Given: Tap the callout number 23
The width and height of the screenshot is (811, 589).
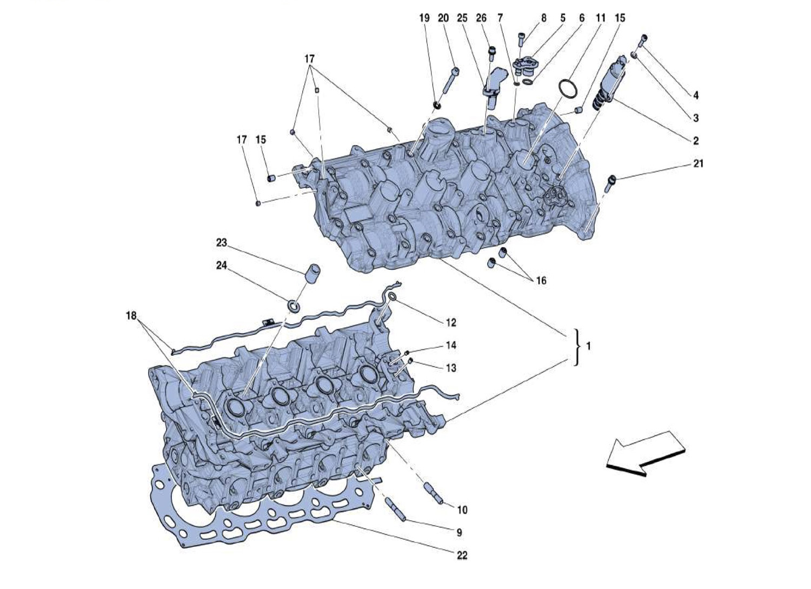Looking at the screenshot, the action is (x=221, y=242).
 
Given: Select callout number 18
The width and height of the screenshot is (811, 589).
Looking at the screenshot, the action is (x=131, y=316).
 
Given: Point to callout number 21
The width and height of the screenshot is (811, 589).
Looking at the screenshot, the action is (x=698, y=164).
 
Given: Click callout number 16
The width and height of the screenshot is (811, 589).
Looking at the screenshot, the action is (x=541, y=280).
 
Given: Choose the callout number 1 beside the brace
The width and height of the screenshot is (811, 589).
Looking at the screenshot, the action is (x=588, y=346).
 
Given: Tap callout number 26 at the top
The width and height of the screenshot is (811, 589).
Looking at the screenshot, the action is (x=481, y=18).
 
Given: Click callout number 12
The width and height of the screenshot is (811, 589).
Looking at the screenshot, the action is (x=451, y=322).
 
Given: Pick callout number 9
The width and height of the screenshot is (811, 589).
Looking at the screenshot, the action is (x=459, y=532).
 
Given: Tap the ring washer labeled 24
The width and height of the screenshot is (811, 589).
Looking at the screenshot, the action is (x=294, y=306).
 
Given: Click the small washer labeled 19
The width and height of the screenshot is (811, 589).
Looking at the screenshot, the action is (x=437, y=105).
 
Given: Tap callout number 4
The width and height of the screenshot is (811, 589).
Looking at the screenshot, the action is (x=695, y=95).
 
